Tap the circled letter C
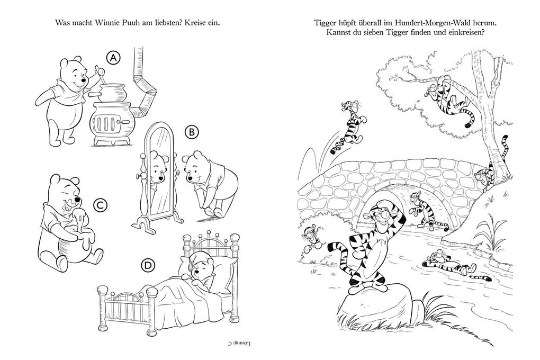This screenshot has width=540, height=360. tap(97, 205)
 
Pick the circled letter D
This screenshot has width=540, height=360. tap(148, 265)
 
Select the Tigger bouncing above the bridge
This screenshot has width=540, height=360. tap(348, 127)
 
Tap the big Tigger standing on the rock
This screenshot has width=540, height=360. tap(371, 244)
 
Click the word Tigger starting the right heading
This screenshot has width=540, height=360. tap(326, 23)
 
